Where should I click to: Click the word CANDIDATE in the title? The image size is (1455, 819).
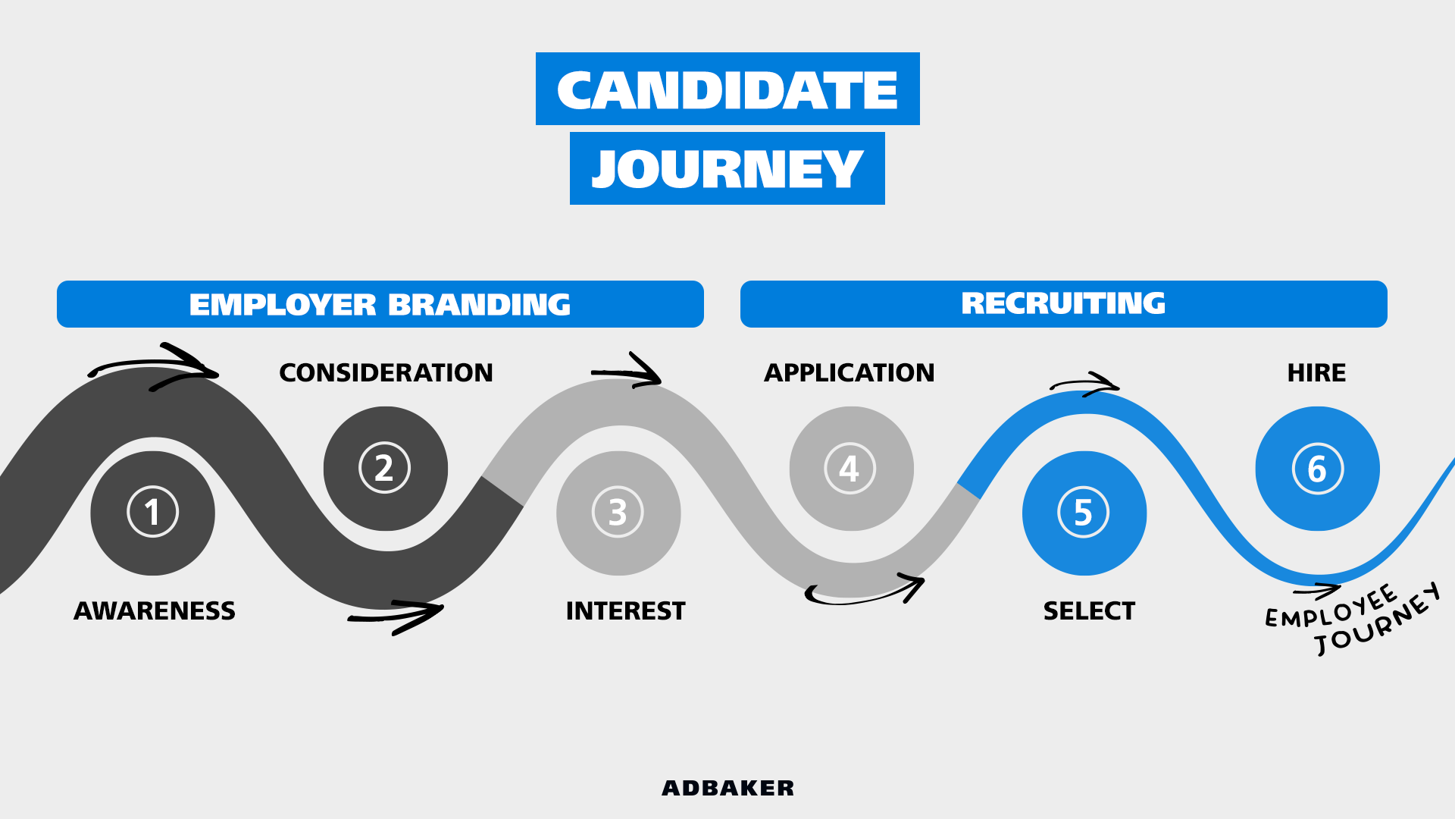point(727,90)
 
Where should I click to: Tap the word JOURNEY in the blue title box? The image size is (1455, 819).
point(727,169)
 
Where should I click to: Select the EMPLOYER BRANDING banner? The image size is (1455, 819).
point(380,304)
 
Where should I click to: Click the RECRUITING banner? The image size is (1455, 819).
point(1064,304)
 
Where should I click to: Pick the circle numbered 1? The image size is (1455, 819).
point(152,513)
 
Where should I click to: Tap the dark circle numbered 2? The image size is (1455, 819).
point(385,469)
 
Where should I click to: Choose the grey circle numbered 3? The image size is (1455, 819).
point(618,513)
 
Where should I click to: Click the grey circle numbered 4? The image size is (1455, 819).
point(851,469)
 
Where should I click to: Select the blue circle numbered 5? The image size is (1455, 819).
point(1084,513)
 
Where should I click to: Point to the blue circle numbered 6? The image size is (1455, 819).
point(1317,469)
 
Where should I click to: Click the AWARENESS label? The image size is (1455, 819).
point(155,611)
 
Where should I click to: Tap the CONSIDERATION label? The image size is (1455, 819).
point(386,373)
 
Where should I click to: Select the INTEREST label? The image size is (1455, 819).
point(625,611)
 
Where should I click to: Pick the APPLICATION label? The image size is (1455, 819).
point(849,373)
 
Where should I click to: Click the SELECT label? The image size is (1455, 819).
point(1089,611)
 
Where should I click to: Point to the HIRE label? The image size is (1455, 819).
point(1316,373)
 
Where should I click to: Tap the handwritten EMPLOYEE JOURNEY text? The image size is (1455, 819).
point(1353,618)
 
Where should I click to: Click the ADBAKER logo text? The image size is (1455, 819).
point(727,789)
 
